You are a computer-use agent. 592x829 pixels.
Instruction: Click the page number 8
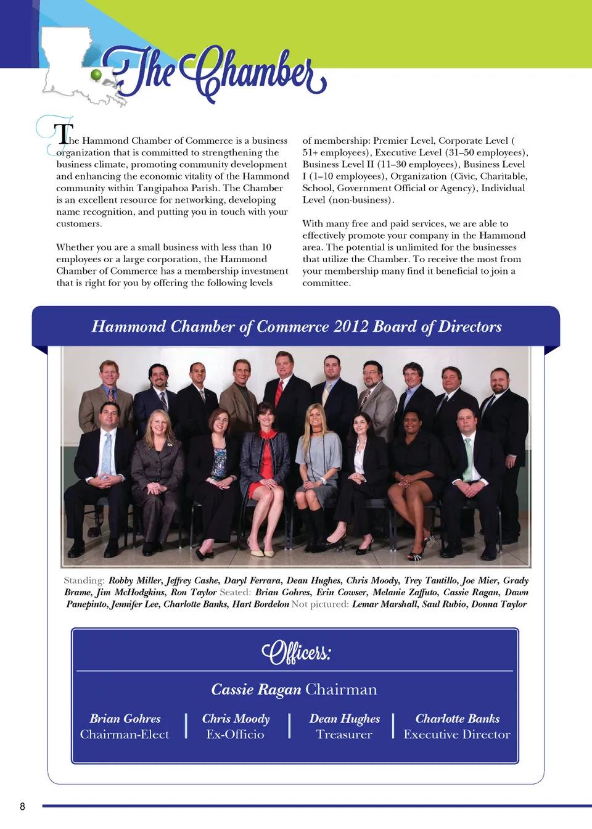[23, 806]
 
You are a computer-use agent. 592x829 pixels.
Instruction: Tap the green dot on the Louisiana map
[96, 75]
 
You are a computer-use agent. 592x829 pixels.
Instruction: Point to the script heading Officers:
[296, 652]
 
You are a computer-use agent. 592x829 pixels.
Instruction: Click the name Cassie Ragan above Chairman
[256, 690]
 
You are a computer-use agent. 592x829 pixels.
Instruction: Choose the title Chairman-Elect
[125, 735]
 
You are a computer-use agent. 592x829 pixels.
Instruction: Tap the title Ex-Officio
[235, 735]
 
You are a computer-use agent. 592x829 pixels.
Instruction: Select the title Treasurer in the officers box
[344, 735]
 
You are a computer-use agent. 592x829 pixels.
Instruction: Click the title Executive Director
[457, 735]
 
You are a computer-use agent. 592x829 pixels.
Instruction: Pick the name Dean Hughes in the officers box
[344, 719]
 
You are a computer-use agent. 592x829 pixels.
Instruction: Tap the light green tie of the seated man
[468, 459]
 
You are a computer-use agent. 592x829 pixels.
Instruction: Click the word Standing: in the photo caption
[84, 580]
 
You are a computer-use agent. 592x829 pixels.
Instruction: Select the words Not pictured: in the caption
[320, 604]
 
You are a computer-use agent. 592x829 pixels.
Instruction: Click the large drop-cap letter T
[63, 134]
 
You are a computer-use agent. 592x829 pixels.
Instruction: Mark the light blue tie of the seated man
[107, 453]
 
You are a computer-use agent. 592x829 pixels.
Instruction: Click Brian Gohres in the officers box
[125, 719]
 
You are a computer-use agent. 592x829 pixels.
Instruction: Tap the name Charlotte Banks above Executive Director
[457, 719]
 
